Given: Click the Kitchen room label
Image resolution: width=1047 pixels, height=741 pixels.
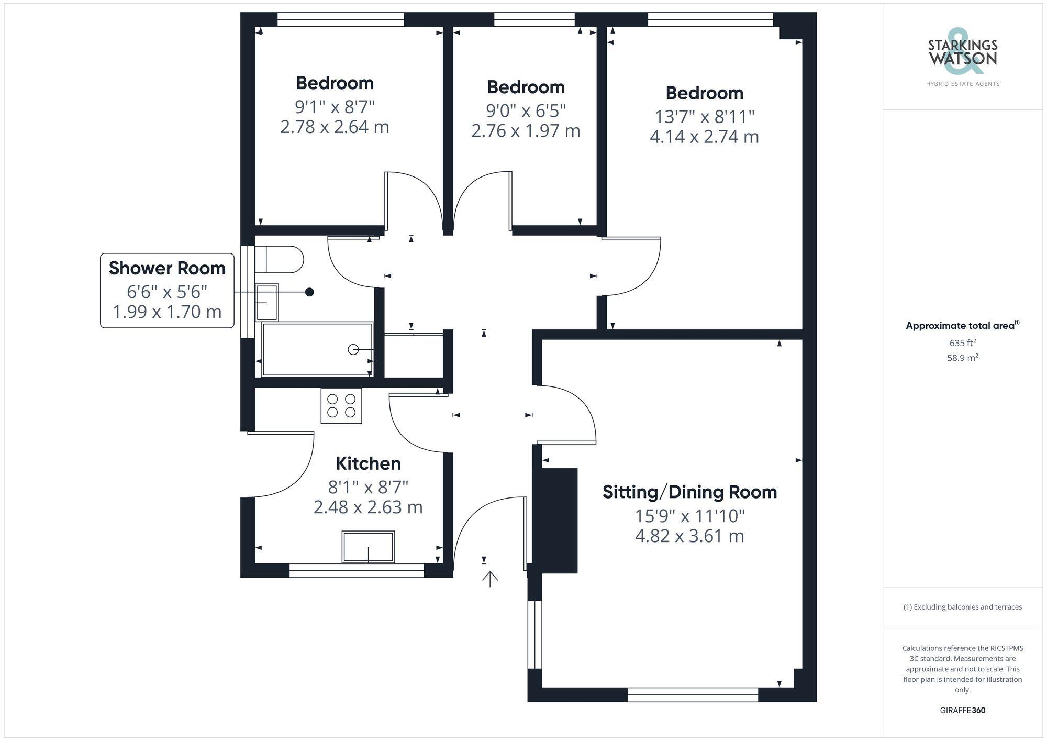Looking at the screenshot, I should [x=368, y=463].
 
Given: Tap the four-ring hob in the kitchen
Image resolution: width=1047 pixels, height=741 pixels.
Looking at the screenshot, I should [x=341, y=406].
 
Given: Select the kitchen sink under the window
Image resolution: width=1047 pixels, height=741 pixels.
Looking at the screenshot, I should [x=368, y=547].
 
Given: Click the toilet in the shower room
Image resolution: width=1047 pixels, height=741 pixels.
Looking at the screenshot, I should [x=280, y=259].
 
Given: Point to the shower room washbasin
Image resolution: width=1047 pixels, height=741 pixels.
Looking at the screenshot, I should [x=266, y=302].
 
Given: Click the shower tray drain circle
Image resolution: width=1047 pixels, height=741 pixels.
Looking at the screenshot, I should [x=353, y=349].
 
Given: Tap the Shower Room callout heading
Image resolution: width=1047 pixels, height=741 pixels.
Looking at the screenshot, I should [x=167, y=268].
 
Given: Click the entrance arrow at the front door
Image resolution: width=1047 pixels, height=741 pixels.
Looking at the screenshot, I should [x=490, y=579].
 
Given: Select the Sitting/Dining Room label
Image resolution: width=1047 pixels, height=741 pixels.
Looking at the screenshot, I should [x=689, y=492].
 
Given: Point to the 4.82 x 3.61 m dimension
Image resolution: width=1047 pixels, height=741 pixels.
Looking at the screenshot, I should [x=689, y=536].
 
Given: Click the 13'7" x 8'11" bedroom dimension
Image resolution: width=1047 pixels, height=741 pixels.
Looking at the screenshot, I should [x=704, y=116].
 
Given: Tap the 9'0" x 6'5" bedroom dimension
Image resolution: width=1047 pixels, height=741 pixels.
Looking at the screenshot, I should [x=526, y=110].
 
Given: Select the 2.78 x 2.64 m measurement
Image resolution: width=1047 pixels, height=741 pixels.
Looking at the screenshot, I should [x=335, y=127].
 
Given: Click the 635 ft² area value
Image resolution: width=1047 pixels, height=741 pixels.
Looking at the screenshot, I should [x=962, y=343].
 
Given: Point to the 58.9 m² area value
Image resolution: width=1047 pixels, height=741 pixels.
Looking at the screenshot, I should [x=962, y=358].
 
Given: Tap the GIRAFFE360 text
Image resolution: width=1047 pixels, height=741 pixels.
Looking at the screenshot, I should [x=962, y=710].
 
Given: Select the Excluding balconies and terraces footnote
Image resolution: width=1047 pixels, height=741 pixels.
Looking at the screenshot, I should [x=962, y=607].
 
